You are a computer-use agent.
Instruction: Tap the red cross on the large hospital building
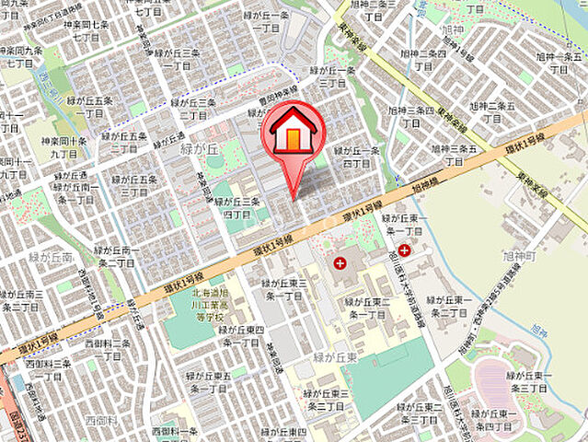pos(340,263)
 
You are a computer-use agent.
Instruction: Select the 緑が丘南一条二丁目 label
pos(116,257)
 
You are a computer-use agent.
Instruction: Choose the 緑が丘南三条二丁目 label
pos(22,299)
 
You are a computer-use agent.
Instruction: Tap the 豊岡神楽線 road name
pos(279,97)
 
